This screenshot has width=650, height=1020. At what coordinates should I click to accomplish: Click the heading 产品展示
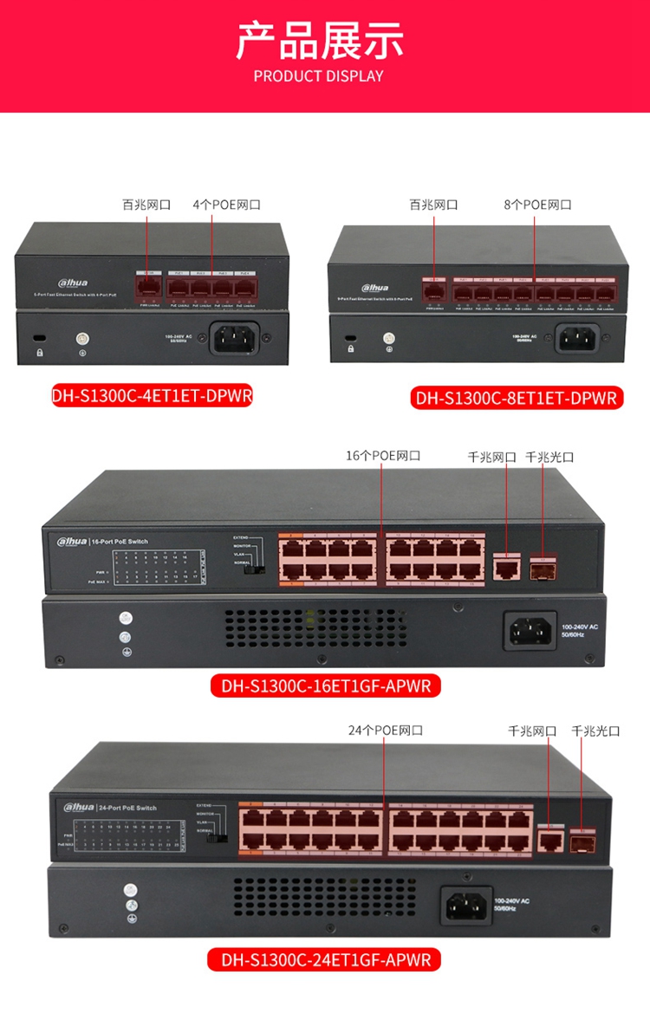pyautogui.click(x=320, y=39)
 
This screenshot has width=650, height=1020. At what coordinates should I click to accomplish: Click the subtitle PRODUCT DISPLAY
pyautogui.click(x=319, y=76)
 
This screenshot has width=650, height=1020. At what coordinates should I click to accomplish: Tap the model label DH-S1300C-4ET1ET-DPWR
pyautogui.click(x=145, y=396)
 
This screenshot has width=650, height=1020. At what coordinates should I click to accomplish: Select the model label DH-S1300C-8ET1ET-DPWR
pyautogui.click(x=516, y=399)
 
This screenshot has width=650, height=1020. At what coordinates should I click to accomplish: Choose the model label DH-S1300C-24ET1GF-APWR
pyautogui.click(x=325, y=959)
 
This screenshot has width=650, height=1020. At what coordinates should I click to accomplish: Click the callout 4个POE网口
pyautogui.click(x=226, y=205)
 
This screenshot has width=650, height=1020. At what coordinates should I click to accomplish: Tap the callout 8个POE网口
pyautogui.click(x=537, y=205)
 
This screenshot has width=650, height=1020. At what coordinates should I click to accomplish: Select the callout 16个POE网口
pyautogui.click(x=383, y=456)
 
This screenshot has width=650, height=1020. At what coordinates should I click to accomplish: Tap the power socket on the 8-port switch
pyautogui.click(x=577, y=336)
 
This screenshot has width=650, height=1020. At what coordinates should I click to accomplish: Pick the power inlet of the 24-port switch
pyautogui.click(x=466, y=906)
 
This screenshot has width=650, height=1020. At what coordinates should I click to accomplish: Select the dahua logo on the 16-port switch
pyautogui.click(x=72, y=542)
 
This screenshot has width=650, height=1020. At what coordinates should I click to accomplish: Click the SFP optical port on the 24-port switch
pyautogui.click(x=581, y=839)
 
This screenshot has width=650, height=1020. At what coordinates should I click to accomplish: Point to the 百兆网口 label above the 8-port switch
pyautogui.click(x=433, y=205)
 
